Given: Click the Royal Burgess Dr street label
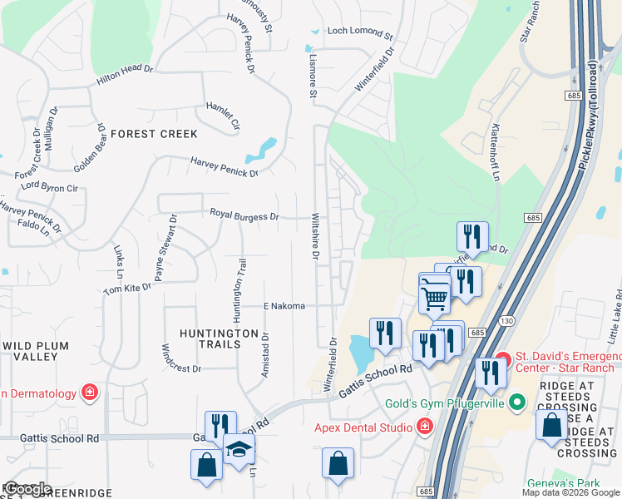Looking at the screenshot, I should [x=244, y=216].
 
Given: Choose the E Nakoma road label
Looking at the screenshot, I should [x=284, y=306].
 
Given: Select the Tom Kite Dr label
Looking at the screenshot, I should [x=127, y=288].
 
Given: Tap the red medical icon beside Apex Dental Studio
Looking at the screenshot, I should [x=424, y=427].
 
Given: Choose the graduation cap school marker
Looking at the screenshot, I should [x=239, y=449].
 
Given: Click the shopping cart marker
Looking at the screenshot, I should [x=435, y=295].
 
